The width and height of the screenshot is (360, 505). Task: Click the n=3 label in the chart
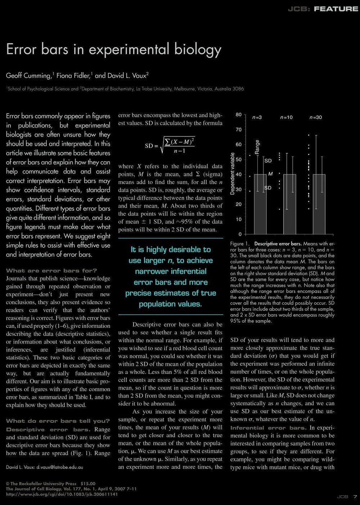click(x=257, y=118)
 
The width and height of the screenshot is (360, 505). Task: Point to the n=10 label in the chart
click(x=286, y=118)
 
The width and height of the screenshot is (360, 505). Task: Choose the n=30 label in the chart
click(x=316, y=118)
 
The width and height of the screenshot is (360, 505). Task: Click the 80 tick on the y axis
click(x=239, y=115)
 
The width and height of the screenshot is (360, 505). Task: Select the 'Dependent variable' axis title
click(x=233, y=174)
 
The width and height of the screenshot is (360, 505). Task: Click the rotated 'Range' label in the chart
click(x=257, y=147)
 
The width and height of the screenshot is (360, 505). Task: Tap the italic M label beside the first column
click(x=270, y=174)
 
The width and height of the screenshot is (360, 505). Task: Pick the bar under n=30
click(x=319, y=204)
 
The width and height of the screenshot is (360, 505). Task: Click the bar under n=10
click(x=290, y=204)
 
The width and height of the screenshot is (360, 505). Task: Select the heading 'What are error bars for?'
click(x=51, y=271)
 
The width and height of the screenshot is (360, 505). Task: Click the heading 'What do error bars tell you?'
click(x=58, y=421)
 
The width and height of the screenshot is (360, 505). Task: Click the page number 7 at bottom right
click(x=355, y=497)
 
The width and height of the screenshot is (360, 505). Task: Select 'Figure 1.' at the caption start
click(x=240, y=244)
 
